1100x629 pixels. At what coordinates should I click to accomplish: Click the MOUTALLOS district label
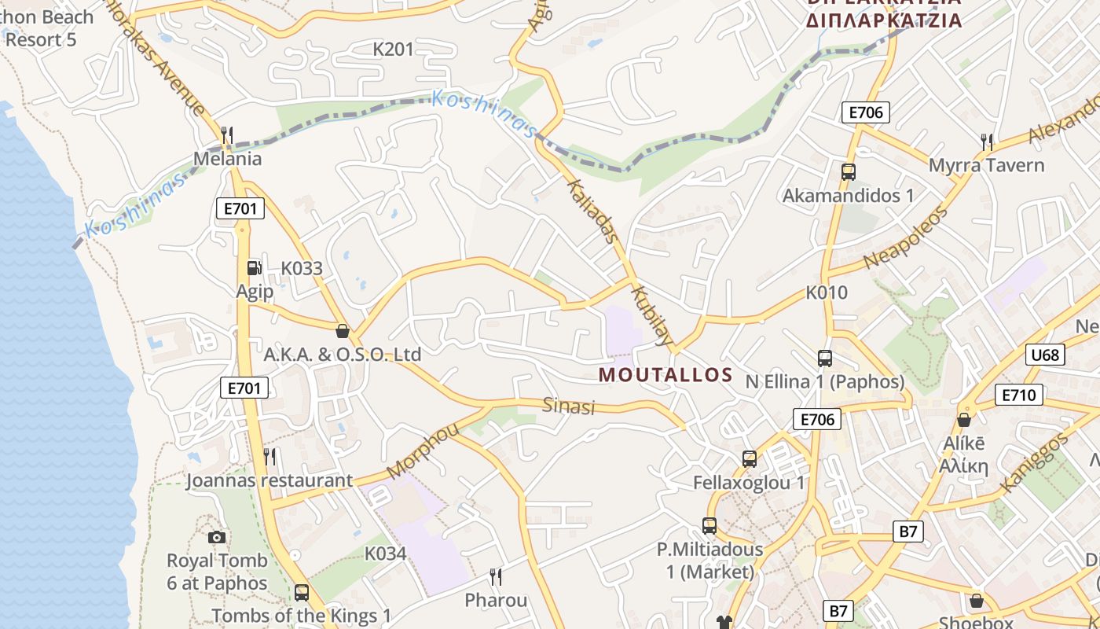(x=665, y=375)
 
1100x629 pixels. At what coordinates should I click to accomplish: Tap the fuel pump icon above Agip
(x=254, y=268)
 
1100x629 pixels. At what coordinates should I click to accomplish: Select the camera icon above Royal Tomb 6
(x=217, y=538)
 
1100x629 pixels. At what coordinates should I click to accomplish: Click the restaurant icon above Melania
(x=227, y=135)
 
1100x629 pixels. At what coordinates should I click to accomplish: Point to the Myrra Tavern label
(x=986, y=166)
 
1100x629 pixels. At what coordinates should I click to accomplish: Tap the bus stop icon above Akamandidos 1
(x=848, y=171)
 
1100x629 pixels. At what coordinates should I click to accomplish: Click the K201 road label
(x=393, y=50)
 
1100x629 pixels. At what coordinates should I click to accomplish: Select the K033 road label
(x=302, y=268)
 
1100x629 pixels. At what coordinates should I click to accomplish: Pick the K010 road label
(x=827, y=292)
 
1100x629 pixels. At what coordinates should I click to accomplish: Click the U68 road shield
(x=1045, y=355)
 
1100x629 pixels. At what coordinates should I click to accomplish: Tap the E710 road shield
(x=1019, y=395)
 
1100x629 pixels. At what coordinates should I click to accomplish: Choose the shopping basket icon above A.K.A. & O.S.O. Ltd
(x=342, y=331)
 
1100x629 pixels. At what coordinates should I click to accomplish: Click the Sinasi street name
(x=569, y=406)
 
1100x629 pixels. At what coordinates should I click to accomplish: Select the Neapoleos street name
(x=906, y=237)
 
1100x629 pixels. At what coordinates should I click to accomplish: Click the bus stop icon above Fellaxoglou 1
(x=750, y=458)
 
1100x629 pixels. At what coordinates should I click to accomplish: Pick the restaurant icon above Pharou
(x=496, y=577)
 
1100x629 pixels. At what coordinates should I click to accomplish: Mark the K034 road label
(x=385, y=554)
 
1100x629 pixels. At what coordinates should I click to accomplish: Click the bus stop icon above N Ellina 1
(x=824, y=359)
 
